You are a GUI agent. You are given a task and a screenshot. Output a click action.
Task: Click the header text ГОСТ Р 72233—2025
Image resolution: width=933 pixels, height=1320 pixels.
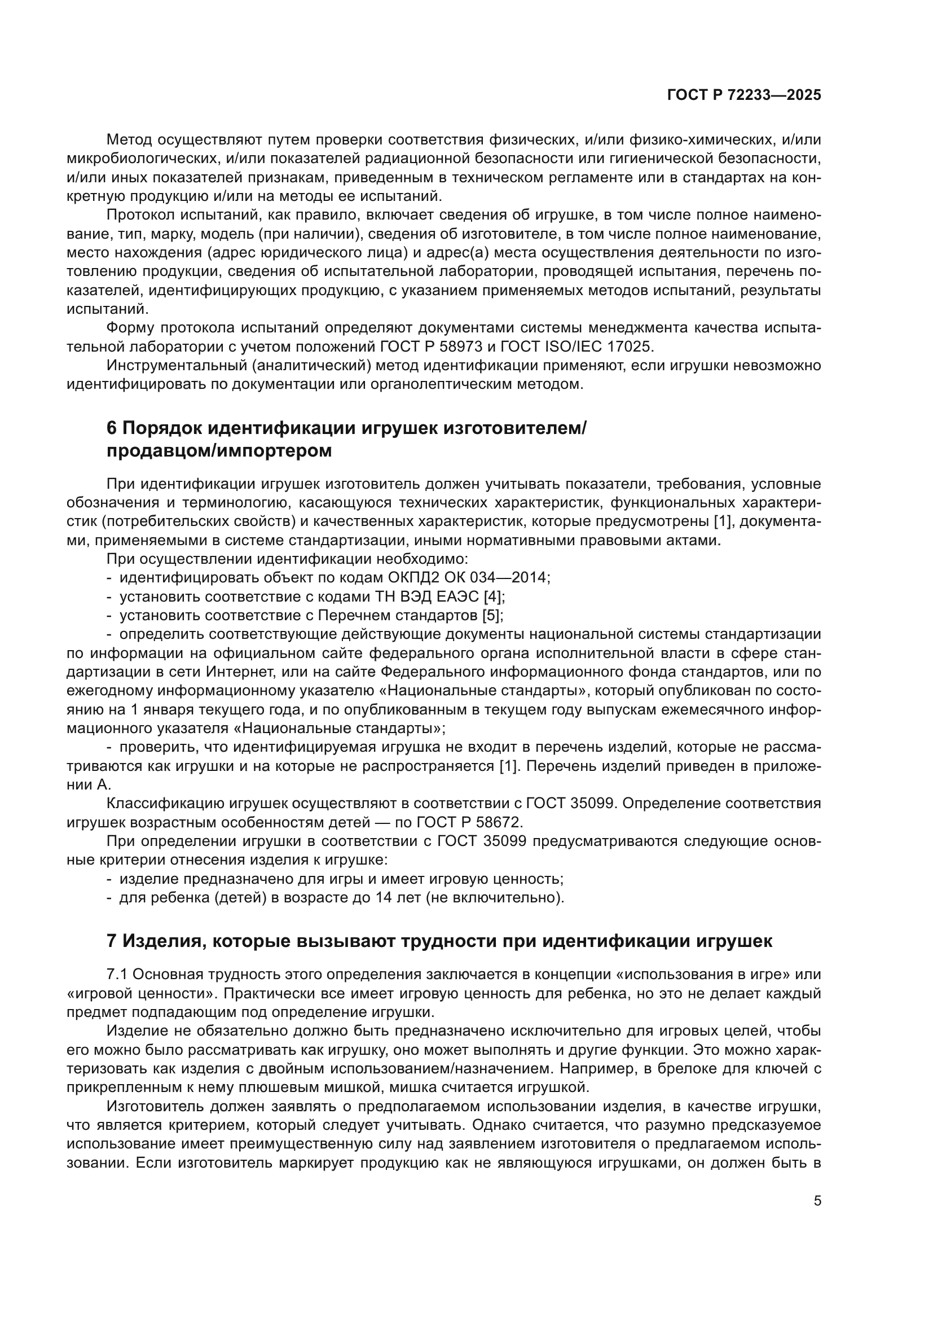pyautogui.click(x=744, y=95)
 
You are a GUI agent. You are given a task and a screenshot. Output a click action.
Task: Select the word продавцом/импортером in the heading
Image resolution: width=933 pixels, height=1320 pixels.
pyautogui.click(x=219, y=451)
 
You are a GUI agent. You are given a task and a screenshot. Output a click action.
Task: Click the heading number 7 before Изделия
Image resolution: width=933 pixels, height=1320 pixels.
pyautogui.click(x=112, y=941)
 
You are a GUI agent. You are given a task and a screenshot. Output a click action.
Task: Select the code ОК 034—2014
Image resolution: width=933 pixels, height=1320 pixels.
pyautogui.click(x=498, y=577)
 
